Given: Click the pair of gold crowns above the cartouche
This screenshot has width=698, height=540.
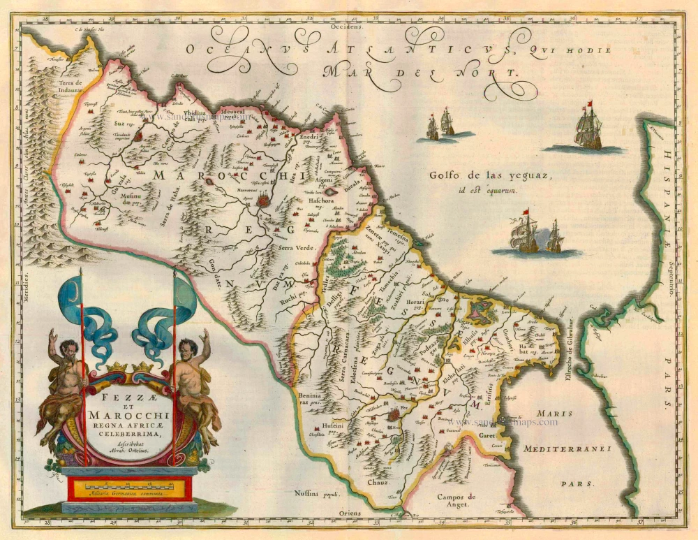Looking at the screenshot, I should pyautogui.click(x=129, y=367).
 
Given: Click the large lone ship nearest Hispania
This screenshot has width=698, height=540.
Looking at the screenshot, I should pyautogui.click(x=588, y=129).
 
